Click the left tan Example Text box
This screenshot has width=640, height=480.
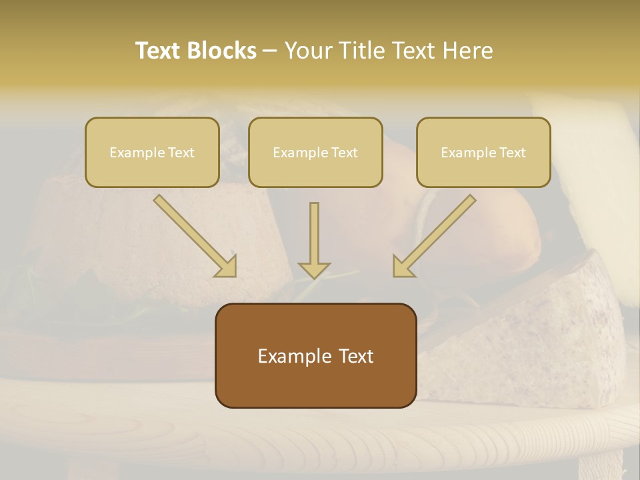coord(152,152)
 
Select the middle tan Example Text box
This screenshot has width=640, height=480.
coord(315,152)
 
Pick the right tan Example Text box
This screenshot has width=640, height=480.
coord(483,152)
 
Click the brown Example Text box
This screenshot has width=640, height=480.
coord(315,355)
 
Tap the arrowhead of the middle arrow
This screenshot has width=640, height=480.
coord(314,269)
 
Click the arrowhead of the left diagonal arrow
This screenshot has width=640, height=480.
coord(227,266)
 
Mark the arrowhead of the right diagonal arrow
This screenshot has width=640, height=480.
coord(402,266)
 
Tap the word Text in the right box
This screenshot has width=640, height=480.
coord(513,153)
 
